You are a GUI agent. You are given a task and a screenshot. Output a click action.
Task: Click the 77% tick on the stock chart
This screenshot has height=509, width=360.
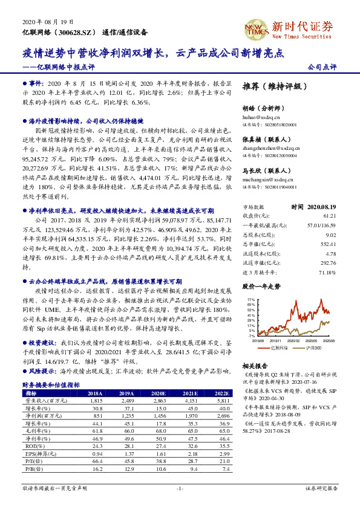250,299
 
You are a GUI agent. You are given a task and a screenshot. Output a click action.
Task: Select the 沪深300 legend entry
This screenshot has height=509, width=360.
314,348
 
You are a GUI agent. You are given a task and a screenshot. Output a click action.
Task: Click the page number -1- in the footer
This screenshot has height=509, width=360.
179,488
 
